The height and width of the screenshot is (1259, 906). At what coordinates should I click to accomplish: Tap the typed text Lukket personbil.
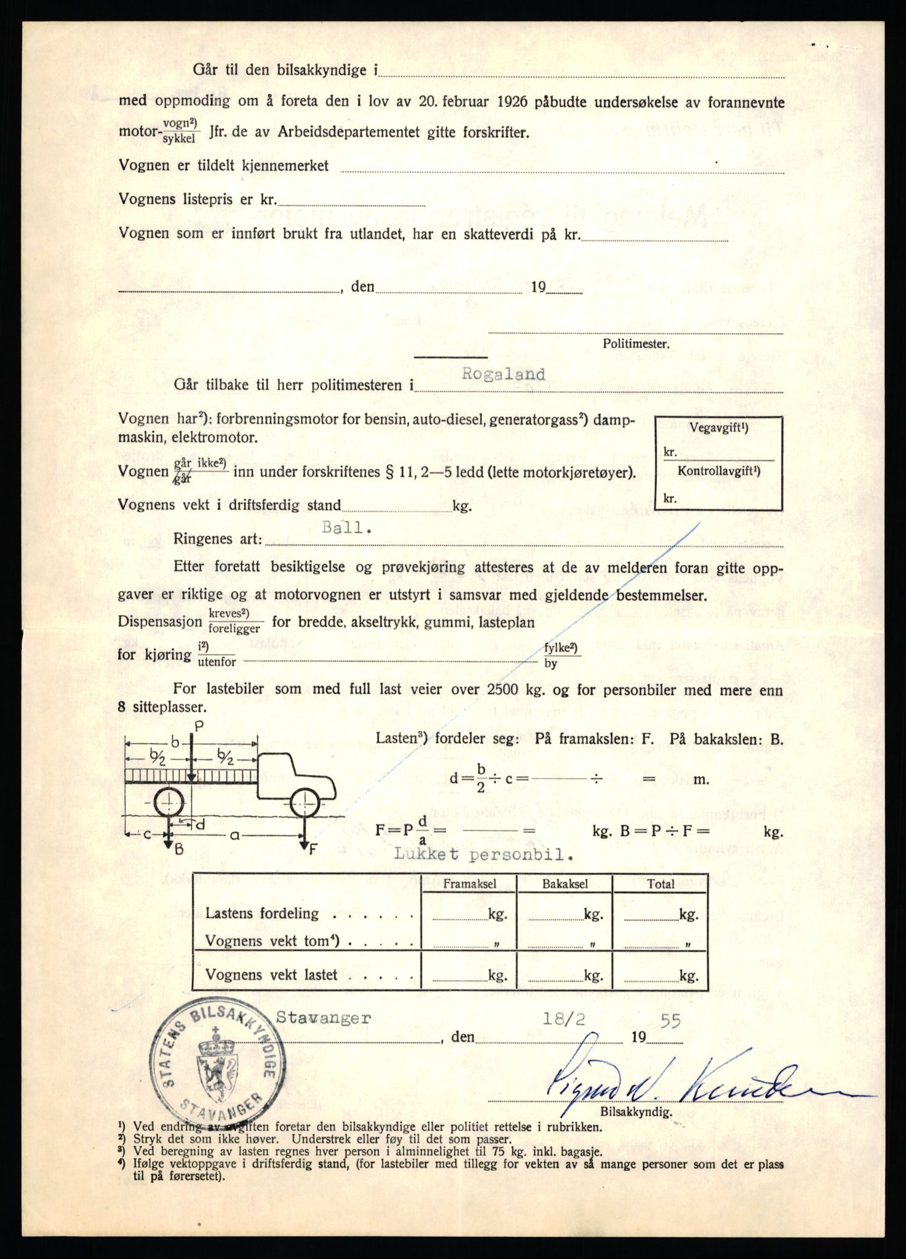click(484, 855)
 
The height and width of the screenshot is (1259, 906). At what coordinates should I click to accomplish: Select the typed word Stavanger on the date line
click(324, 1018)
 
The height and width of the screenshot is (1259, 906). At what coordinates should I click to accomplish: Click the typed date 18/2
click(563, 1019)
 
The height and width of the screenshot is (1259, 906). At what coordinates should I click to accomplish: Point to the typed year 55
click(670, 1021)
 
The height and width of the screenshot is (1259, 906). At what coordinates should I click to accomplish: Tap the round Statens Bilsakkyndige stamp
click(218, 1070)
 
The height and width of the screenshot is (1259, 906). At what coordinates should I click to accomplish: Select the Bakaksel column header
click(565, 884)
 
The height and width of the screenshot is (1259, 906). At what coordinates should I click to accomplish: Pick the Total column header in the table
click(661, 884)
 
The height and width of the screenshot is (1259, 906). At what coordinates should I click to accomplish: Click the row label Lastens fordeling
click(263, 914)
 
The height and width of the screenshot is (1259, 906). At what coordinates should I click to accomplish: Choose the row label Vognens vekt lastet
click(271, 974)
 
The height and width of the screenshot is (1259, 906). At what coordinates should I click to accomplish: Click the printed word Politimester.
click(635, 344)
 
